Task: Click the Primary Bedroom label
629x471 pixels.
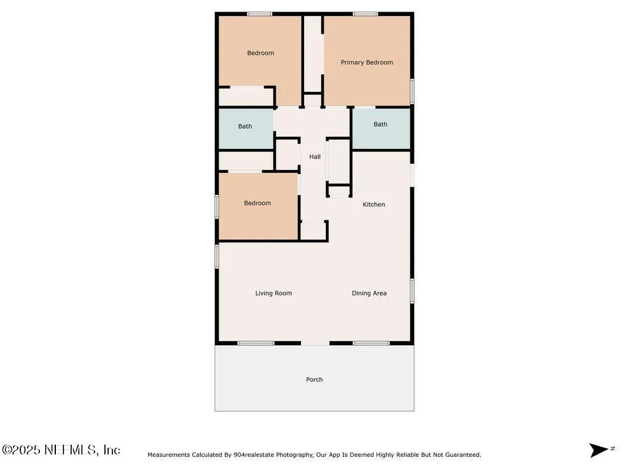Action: pos(367,63)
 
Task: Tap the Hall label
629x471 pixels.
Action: pos(315,156)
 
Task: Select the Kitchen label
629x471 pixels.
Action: pos(374,204)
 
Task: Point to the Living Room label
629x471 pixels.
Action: pos(273,293)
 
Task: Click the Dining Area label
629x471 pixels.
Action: pos(369,293)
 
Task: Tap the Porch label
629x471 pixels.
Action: pos(314,379)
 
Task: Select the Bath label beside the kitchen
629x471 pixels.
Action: pos(380,124)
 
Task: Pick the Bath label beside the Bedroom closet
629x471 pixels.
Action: pos(245,126)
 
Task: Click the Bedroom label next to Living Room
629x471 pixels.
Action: pos(257,203)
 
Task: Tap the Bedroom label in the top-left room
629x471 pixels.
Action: pos(260,53)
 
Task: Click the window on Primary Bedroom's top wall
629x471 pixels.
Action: pos(365,14)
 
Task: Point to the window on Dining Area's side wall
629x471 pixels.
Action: pos(412,291)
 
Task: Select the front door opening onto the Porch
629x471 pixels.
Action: pos(315,343)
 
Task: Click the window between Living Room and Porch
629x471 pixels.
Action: pos(256,343)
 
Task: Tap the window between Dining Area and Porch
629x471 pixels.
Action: pos(371,343)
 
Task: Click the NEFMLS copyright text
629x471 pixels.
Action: pos(61,450)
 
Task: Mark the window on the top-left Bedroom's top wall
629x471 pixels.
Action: pos(260,14)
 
